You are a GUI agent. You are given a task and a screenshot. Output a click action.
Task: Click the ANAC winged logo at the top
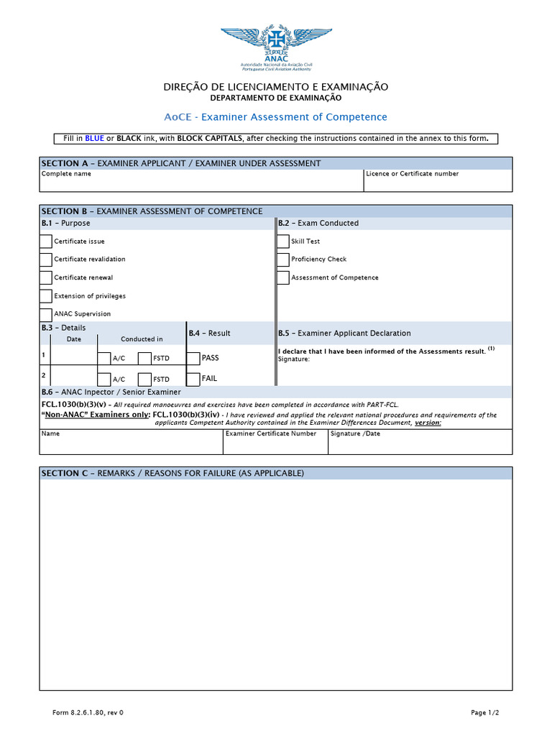276,42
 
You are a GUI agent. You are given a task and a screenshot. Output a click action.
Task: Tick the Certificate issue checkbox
46,241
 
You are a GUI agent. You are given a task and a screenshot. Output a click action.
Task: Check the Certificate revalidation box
46,259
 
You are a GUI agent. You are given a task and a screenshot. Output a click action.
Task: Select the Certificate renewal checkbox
46,277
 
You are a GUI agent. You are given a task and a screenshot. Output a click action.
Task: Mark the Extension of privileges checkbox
46,296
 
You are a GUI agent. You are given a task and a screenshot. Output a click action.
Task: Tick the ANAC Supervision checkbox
46,314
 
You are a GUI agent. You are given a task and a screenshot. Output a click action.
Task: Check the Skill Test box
283,241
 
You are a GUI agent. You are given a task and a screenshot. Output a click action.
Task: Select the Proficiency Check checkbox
283,259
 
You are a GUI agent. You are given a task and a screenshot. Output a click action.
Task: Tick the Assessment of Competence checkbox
283,277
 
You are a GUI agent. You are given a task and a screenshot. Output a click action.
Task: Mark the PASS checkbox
193,358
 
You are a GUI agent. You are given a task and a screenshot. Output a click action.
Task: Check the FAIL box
193,379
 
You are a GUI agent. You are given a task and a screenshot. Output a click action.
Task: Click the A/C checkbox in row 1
104,358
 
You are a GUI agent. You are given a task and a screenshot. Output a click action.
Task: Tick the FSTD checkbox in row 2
144,379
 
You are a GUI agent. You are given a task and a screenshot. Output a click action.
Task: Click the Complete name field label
66,174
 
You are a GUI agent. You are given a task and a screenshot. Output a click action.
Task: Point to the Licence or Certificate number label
412,174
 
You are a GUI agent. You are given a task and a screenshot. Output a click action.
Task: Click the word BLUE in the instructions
95,139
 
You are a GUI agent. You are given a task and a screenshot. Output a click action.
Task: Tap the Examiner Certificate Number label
271,434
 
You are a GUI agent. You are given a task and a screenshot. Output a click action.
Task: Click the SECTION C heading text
172,474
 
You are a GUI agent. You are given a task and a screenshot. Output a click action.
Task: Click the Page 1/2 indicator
484,713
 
